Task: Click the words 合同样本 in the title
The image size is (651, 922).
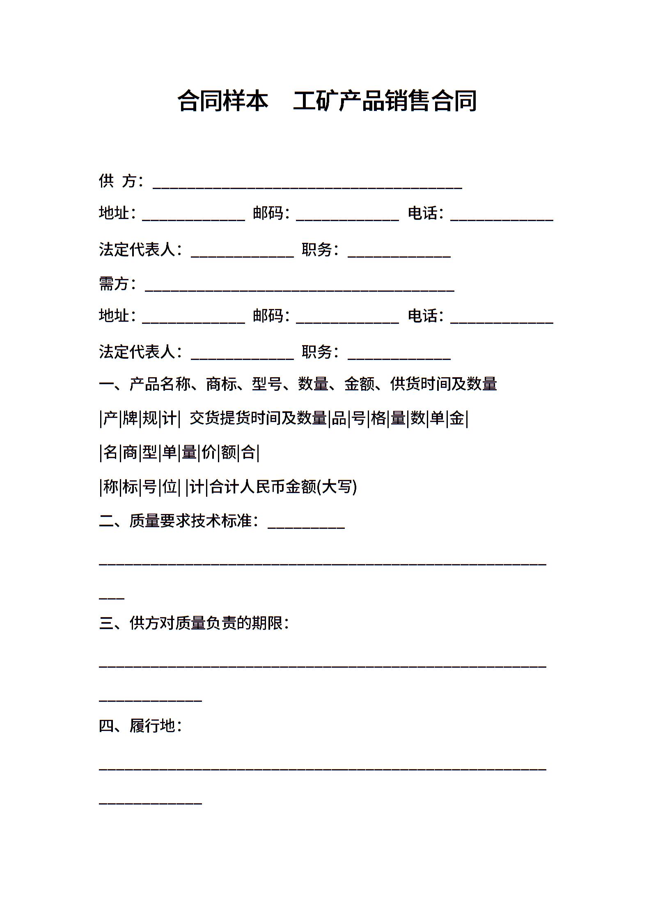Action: click(223, 101)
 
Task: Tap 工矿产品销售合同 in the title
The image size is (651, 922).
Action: click(385, 101)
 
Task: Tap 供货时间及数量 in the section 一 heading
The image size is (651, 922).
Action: click(443, 384)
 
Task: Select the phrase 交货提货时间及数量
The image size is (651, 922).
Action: click(258, 418)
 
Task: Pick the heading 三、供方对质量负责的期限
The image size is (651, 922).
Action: click(193, 623)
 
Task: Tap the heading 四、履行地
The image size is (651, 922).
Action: click(140, 726)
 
